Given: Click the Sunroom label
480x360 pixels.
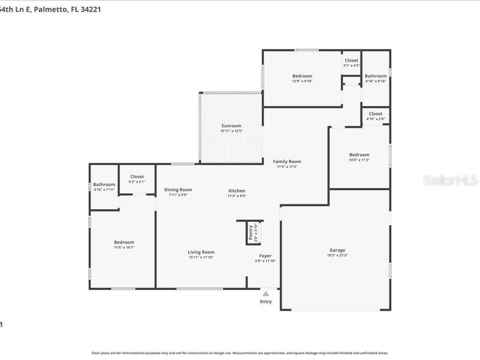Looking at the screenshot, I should pos(230,125).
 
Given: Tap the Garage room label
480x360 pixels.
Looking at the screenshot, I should pos(337,250).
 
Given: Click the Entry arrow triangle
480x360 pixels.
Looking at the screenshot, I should pos(265,293).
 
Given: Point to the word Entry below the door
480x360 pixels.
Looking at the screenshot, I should pos(265,301).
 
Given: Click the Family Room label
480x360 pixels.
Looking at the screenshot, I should pos(287,161).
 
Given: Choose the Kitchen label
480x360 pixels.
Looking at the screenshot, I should pos(236,191).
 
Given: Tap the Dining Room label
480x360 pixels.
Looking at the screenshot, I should pos(178,190).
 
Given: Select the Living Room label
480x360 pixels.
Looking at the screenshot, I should pos(200,252).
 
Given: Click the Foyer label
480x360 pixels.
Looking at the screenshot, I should pos(265,256).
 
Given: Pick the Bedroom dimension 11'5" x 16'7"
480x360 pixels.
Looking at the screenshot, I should pos(124,247).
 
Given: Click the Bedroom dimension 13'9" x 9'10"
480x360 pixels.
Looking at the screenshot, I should pos(302,81).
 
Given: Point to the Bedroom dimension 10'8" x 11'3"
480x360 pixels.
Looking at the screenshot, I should pos(359,160).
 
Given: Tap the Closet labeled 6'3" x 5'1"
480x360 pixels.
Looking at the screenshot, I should pos(137,181).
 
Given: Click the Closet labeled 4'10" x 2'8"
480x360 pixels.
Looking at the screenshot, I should pos(376,119).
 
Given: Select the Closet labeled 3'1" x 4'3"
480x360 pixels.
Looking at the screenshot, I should pos(351,65).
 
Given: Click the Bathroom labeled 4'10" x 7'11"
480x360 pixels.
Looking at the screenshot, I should pos(104,190).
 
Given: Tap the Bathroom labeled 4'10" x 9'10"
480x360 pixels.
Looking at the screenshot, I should pos(376,81).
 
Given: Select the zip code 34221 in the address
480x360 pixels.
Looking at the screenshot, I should pos(88,9).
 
